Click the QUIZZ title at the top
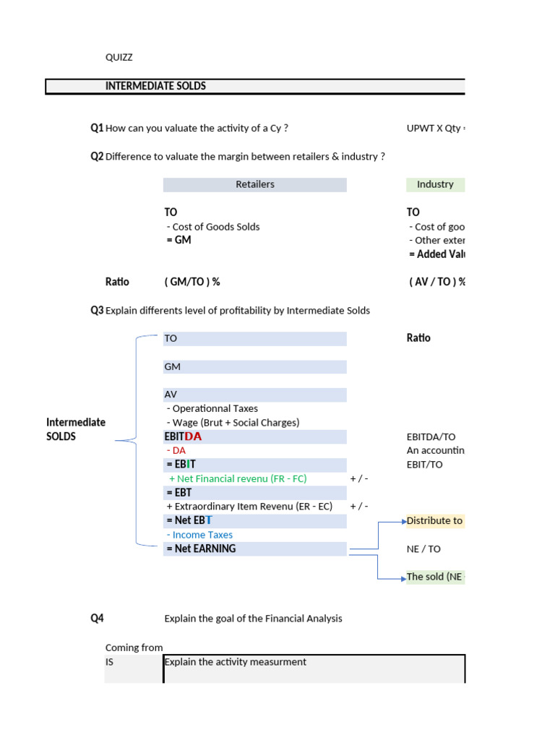[x=119, y=57]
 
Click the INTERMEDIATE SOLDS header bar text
[x=155, y=86]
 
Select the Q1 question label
[x=97, y=128]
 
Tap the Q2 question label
[x=97, y=156]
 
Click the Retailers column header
[x=254, y=184]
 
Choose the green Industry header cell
[x=435, y=184]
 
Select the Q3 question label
[x=97, y=310]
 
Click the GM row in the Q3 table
[x=173, y=366]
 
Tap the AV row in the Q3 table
[x=171, y=395]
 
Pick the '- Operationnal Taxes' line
[x=212, y=408]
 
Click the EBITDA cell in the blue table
[x=184, y=436]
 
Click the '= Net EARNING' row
[x=201, y=548]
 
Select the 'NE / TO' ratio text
[x=423, y=548]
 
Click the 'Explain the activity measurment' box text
[x=236, y=662]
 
